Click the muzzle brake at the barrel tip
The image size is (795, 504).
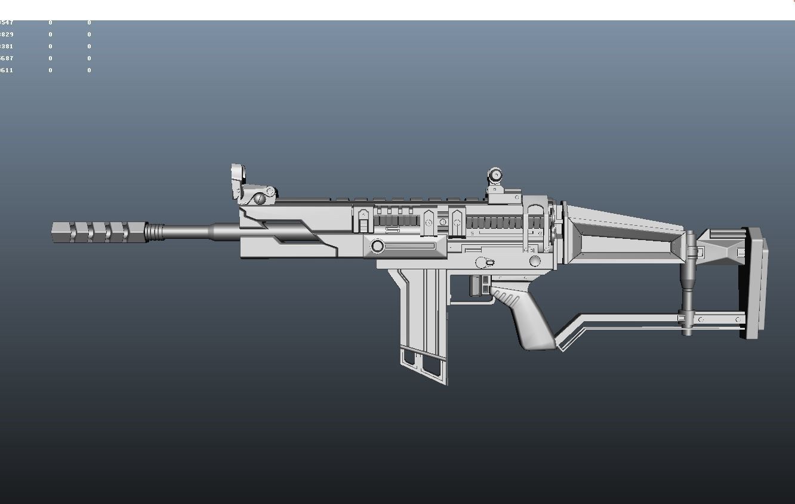coord(98,232)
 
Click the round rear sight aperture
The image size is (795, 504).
coord(495,176)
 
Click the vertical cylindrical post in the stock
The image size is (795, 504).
coord(688,281)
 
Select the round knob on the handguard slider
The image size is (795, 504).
coord(377,246)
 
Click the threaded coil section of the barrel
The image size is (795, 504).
coord(155,232)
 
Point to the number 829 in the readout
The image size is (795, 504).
coord(7,35)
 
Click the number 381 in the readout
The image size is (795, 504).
coord(7,47)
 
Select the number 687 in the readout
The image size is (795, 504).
coord(7,59)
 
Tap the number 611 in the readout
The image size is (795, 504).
coord(7,70)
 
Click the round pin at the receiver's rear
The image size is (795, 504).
coord(535,261)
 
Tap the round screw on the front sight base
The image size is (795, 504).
coord(260,199)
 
